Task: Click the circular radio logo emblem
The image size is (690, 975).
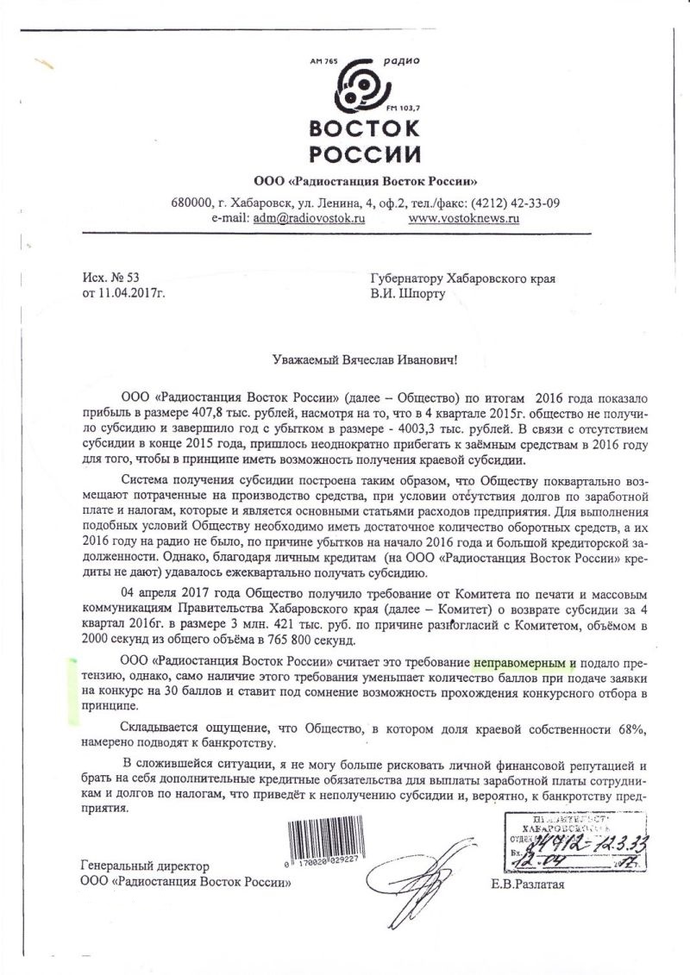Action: [363, 87]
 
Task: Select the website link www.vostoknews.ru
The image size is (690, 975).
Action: [463, 220]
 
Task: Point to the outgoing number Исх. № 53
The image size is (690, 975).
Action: [110, 278]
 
